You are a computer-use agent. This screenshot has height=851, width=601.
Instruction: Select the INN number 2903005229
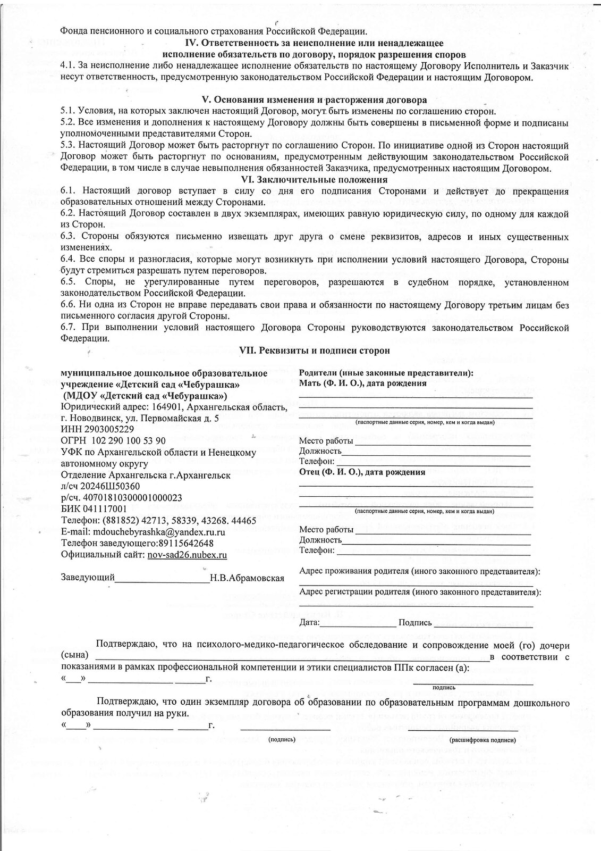point(104,429)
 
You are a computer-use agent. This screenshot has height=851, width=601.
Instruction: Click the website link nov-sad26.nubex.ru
point(183,555)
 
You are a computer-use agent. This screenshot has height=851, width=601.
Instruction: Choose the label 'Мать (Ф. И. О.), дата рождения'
point(363,383)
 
